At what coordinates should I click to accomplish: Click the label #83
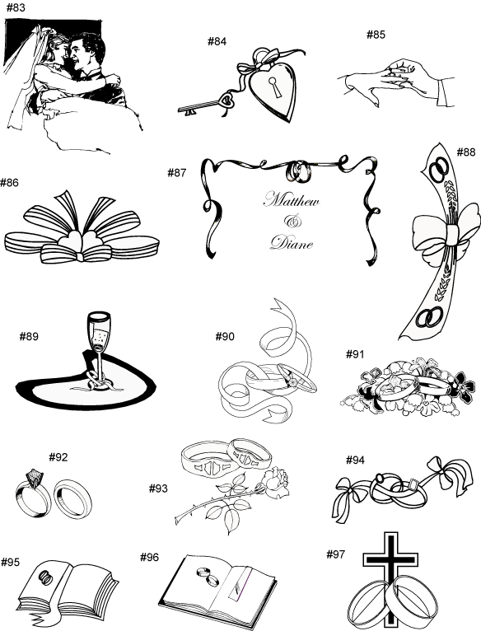click(16, 8)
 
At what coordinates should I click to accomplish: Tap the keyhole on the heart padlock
click(275, 87)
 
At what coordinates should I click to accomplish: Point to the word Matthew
click(292, 199)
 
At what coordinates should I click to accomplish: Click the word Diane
click(292, 243)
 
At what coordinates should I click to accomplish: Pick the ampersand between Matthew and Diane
click(293, 221)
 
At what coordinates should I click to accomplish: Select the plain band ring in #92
click(72, 498)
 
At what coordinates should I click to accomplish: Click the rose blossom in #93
click(275, 480)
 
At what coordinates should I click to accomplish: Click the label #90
click(225, 336)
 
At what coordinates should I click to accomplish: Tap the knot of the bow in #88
click(451, 234)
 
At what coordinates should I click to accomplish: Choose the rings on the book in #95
click(46, 577)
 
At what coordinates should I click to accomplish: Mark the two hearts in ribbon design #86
click(81, 242)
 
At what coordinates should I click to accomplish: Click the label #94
click(355, 460)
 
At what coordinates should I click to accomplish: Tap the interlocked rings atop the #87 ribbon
click(299, 171)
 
